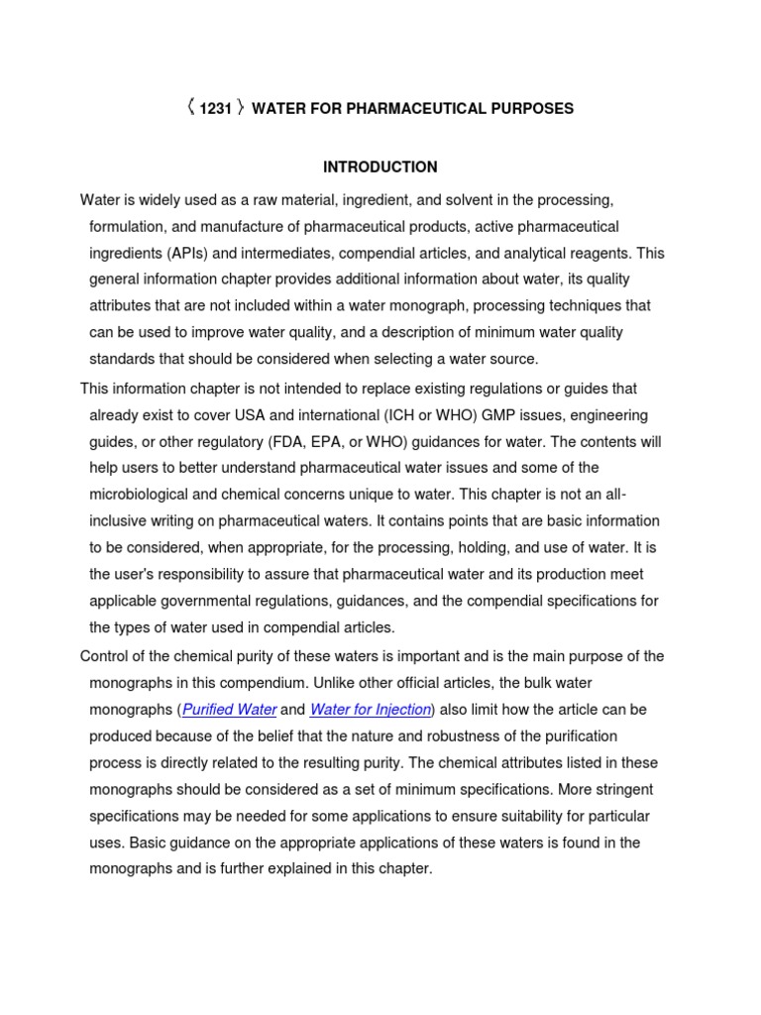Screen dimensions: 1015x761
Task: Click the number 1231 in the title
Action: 215,109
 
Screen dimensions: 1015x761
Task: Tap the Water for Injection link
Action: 371,710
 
